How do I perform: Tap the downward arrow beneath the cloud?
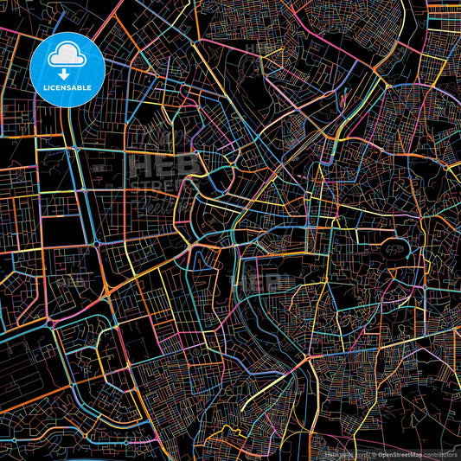[67, 74]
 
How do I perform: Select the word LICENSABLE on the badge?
[67, 88]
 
